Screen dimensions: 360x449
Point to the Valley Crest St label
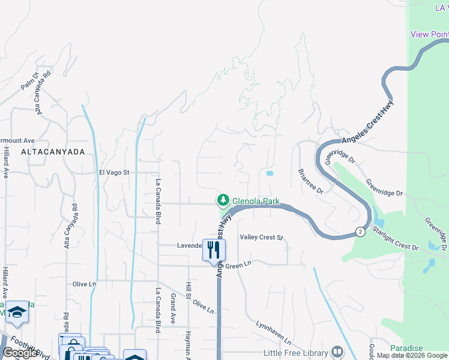[x=261, y=238]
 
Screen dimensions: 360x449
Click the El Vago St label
[x=114, y=172]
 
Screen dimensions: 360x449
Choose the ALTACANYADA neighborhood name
[x=53, y=152]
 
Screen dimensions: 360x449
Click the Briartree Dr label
[x=311, y=181]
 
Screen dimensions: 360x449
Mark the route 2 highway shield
[x=360, y=231]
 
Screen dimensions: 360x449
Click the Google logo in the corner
[x=20, y=353]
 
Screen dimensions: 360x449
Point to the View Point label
[x=429, y=34]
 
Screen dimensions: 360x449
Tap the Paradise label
[x=406, y=348]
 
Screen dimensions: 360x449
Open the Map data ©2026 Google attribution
[x=412, y=356]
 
